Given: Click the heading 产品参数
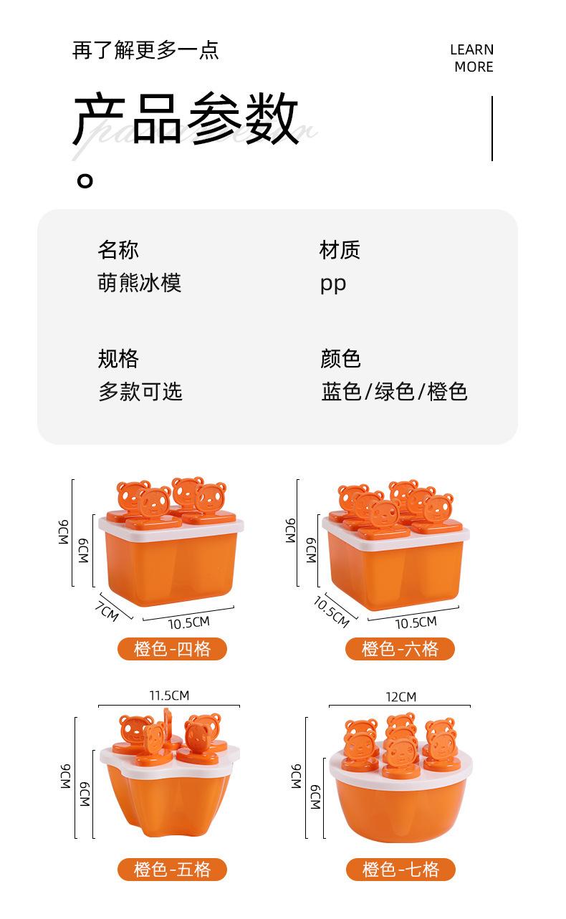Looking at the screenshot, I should click(186, 120).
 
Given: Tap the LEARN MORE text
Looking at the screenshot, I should click(472, 58).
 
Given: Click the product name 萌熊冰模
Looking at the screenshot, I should click(140, 282).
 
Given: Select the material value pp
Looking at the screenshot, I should click(333, 284).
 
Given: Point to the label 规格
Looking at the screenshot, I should click(118, 358).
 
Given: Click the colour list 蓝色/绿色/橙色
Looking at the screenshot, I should click(394, 392).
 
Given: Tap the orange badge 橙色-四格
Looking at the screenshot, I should click(173, 649).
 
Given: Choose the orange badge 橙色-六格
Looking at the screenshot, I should click(400, 649).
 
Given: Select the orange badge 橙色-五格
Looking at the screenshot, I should click(173, 870).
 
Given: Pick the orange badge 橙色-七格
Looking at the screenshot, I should click(400, 870).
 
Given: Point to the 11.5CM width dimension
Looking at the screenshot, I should click(169, 696).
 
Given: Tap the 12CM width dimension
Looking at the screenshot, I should click(400, 697).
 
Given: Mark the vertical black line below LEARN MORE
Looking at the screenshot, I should click(492, 129).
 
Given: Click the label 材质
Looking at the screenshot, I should click(340, 250).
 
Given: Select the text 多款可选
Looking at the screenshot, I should click(140, 392).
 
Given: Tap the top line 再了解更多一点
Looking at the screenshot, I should click(145, 50).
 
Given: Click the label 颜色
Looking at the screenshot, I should click(340, 358).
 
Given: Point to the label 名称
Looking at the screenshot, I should click(118, 250).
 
